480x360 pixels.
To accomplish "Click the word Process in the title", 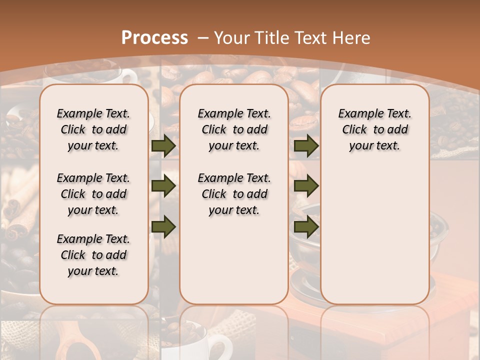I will point(154,37).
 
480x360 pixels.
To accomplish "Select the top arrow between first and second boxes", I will point(163,145).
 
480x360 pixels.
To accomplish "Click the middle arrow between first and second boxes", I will point(163,186).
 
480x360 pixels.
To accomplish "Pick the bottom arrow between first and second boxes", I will point(163,226).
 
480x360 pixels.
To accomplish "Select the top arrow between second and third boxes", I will point(306,145).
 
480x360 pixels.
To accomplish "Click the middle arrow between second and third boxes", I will point(306,186).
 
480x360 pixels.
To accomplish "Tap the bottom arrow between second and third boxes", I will point(306,226).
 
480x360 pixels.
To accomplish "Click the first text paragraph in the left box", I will point(93,129).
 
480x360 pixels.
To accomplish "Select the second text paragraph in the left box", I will point(93,194).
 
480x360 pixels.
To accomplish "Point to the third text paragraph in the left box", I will point(93,255).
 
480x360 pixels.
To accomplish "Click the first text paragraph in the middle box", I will point(234,129).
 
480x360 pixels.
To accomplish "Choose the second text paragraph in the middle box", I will point(234,194).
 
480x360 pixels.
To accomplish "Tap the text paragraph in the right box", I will point(374,129).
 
